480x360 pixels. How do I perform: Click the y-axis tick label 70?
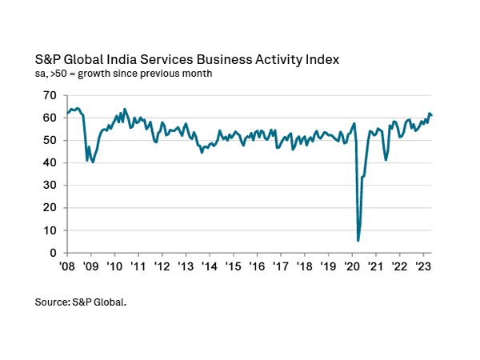(x=50, y=95)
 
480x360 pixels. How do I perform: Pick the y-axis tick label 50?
(x=50, y=140)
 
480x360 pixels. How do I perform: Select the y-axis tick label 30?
(x=50, y=186)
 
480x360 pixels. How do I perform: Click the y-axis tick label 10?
(x=50, y=230)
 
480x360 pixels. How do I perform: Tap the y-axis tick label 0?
(x=54, y=253)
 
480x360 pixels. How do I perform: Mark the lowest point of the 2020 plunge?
(x=358, y=240)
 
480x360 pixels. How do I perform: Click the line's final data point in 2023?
(x=432, y=115)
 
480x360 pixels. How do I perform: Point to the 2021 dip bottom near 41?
(x=386, y=160)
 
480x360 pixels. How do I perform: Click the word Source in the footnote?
(x=53, y=303)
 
